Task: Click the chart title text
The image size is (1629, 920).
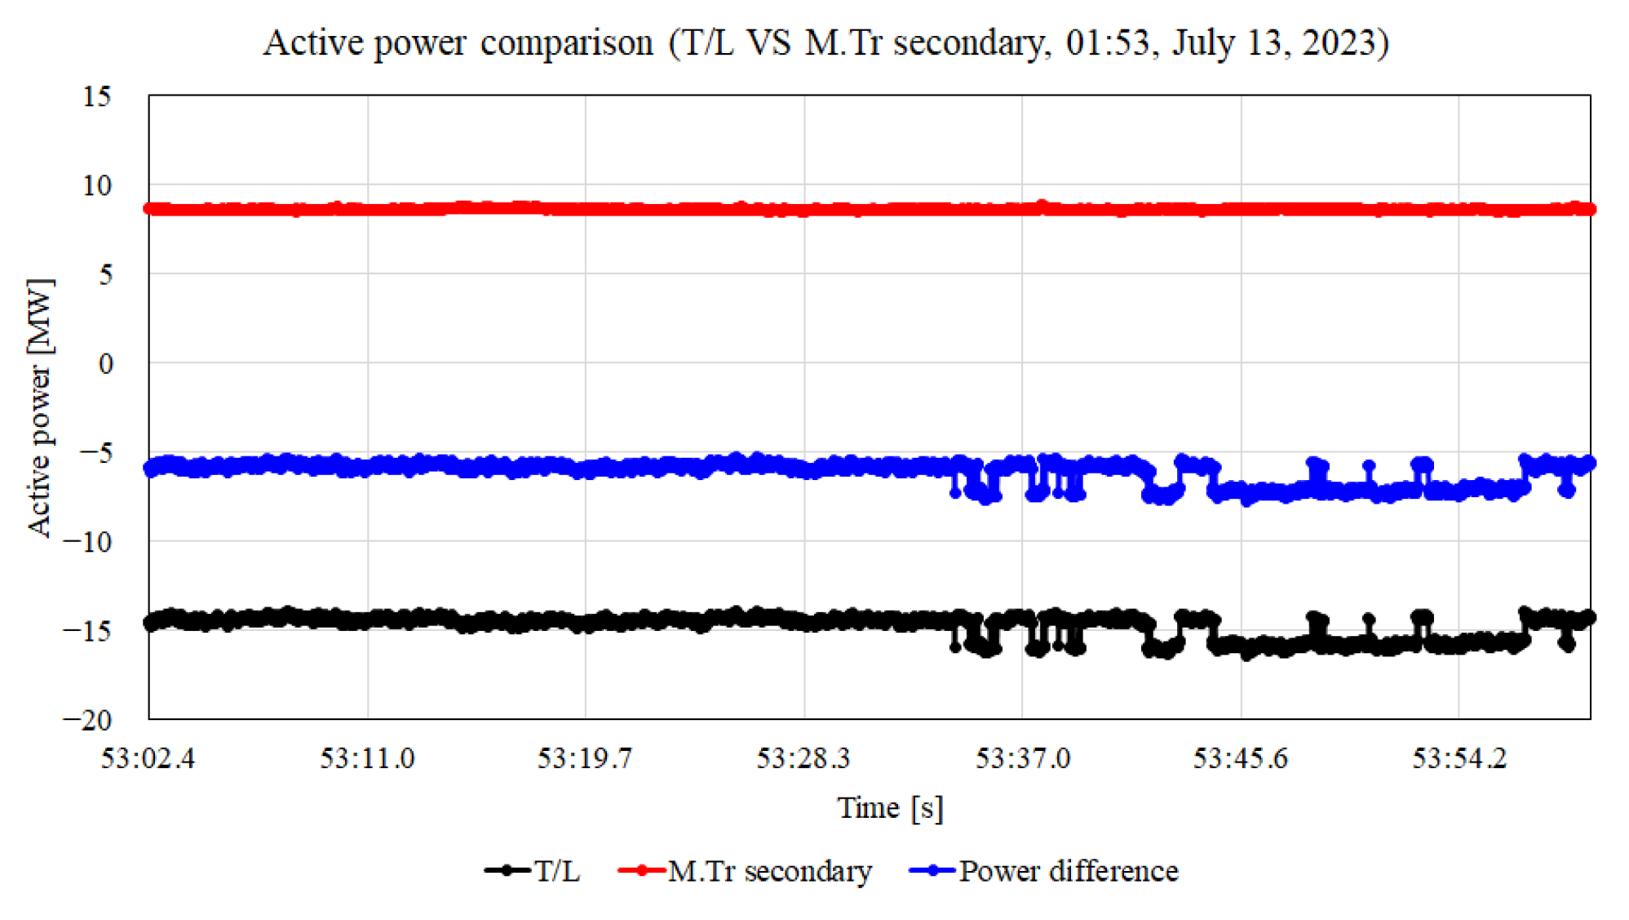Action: click(x=826, y=42)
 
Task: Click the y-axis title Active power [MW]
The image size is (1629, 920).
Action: click(x=39, y=407)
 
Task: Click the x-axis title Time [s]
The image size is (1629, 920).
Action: click(x=890, y=807)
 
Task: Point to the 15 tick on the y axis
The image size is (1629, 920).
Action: click(x=96, y=96)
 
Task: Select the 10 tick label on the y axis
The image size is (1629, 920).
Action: click(x=96, y=185)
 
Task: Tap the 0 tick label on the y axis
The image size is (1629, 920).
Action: click(x=105, y=363)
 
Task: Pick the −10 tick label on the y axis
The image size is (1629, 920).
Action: click(x=87, y=541)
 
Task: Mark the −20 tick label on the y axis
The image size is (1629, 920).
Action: click(x=87, y=720)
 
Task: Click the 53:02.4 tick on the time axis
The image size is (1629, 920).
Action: click(x=148, y=758)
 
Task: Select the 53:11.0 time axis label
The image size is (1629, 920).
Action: click(x=367, y=758)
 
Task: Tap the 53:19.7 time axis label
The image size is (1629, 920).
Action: click(x=585, y=758)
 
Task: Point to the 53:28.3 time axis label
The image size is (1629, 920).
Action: click(x=803, y=758)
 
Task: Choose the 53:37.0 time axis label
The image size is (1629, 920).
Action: click(x=1022, y=758)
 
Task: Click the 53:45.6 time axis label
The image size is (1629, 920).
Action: click(x=1241, y=758)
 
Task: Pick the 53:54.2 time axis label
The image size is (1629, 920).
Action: click(x=1459, y=758)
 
